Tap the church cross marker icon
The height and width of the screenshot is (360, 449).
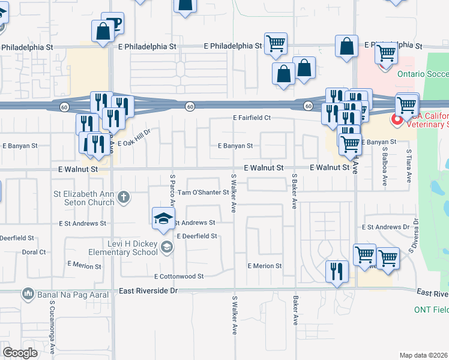click(123, 196)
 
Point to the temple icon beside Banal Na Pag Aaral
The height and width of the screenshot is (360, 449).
click(28, 293)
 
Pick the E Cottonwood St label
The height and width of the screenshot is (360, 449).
click(179, 277)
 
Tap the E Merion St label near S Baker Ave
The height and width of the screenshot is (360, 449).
click(265, 266)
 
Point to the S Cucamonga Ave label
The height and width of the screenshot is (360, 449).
click(52, 325)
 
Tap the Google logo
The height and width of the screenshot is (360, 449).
click(20, 353)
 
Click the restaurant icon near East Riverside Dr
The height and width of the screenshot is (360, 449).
click(337, 271)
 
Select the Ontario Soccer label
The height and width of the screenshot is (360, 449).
click(423, 74)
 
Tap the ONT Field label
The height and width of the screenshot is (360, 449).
click(431, 310)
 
